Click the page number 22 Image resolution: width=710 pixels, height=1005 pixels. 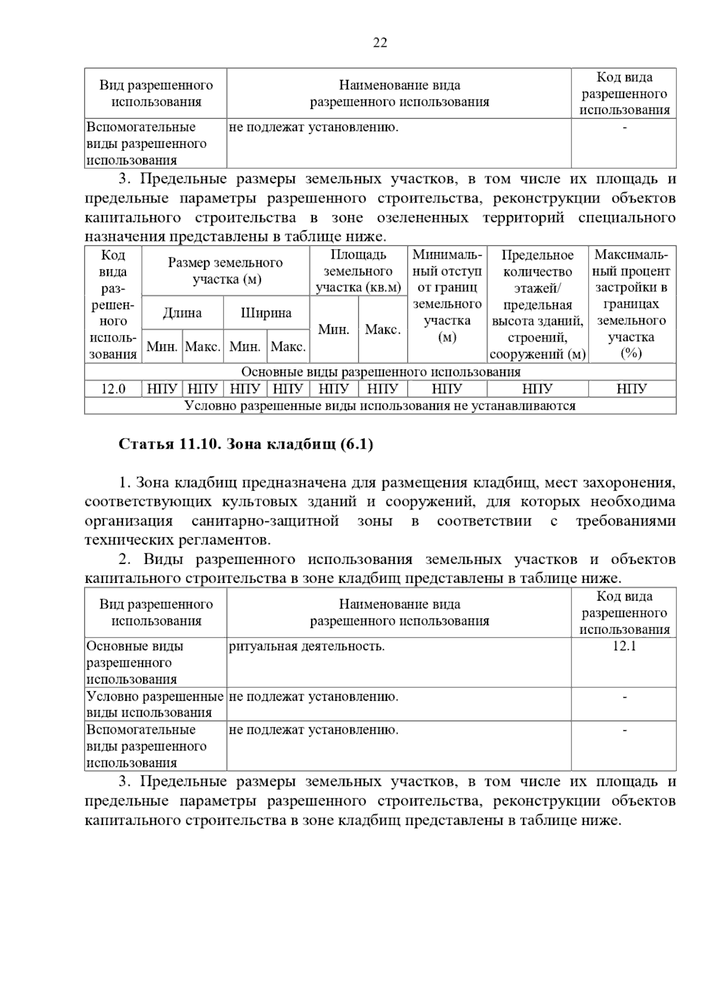[380, 43]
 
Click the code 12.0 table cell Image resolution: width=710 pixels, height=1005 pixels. [113, 389]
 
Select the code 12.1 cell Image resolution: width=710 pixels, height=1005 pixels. [624, 646]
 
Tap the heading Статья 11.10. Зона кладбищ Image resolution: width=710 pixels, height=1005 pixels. [246, 444]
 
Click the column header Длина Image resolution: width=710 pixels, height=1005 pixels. [182, 313]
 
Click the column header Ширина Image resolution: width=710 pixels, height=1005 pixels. [266, 313]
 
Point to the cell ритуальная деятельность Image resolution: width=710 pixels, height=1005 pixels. [306, 646]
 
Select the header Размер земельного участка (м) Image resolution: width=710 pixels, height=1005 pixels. [225, 270]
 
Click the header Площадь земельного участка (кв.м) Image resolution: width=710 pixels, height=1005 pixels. [359, 271]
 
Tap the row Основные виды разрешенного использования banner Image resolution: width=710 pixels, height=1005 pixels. [380, 372]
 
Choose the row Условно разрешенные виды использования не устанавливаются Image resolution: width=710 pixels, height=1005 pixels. [380, 405]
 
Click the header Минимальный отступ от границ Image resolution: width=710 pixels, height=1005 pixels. [447, 296]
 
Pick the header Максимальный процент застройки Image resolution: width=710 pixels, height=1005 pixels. [631, 304]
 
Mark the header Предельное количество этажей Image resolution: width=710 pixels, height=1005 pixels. [537, 304]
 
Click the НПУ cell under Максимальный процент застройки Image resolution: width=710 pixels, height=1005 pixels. [631, 389]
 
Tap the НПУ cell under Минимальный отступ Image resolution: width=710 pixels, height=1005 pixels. [447, 389]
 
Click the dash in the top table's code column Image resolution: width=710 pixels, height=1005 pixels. [624, 127]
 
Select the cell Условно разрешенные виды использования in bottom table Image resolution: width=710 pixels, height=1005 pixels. [155, 704]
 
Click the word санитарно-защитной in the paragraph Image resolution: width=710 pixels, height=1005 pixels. [265, 521]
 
